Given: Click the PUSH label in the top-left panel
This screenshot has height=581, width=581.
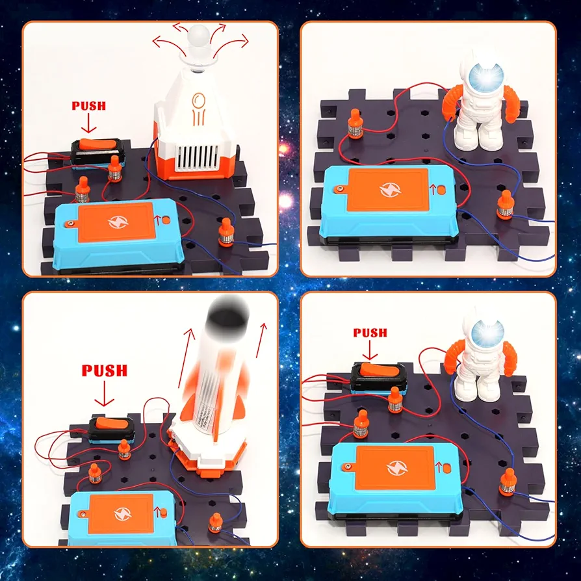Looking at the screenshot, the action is pyautogui.click(x=88, y=106).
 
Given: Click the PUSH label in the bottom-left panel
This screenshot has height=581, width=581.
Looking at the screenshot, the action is pyautogui.click(x=105, y=370).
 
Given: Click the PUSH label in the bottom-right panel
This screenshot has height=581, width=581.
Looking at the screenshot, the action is pyautogui.click(x=370, y=333).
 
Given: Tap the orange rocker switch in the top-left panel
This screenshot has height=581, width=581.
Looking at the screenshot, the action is pyautogui.click(x=98, y=145).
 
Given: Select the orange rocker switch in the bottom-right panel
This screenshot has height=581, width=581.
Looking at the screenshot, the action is pyautogui.click(x=379, y=370).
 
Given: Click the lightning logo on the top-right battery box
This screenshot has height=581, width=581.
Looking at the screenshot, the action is pyautogui.click(x=391, y=190).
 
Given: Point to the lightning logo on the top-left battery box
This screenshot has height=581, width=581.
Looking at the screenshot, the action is pyautogui.click(x=118, y=222).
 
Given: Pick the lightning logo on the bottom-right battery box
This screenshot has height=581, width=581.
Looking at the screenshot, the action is pyautogui.click(x=397, y=467).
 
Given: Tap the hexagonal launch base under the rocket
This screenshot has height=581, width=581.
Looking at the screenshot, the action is pyautogui.click(x=207, y=451).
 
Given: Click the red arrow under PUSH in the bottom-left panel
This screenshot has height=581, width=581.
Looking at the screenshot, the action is pyautogui.click(x=104, y=394).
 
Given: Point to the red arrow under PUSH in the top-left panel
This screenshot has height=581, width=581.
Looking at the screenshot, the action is pyautogui.click(x=88, y=123).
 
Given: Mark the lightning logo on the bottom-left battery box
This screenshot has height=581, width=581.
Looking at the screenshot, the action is pyautogui.click(x=123, y=514).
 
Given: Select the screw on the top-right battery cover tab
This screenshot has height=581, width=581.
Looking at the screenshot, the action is pyautogui.click(x=338, y=189).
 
